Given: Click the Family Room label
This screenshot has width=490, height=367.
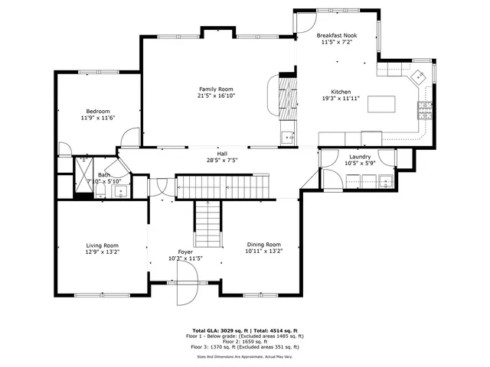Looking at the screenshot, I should pyautogui.click(x=214, y=89).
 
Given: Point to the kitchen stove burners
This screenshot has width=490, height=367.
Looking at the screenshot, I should pyautogui.click(x=423, y=111).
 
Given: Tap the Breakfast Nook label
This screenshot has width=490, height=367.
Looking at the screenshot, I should pyautogui.click(x=338, y=36).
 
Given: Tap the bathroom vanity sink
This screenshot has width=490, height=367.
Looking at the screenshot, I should pyautogui.click(x=120, y=191).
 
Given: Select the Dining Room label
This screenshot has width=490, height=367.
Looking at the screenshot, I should pyautogui.click(x=263, y=244).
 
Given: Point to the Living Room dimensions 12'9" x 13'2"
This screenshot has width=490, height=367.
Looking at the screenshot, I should pyautogui.click(x=102, y=252).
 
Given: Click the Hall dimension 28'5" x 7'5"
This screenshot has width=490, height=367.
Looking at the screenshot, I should pyautogui.click(x=222, y=161).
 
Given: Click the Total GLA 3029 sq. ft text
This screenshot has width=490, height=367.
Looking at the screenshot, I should pyautogui.click(x=214, y=330).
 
